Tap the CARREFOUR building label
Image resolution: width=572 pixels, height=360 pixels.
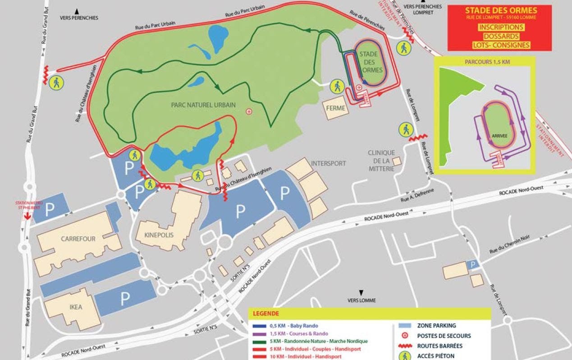(78, 239)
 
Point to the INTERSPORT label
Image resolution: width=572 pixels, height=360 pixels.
(328, 163)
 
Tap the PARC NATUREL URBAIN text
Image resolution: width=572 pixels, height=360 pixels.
(203, 105)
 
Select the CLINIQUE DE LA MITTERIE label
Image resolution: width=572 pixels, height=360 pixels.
(381, 160)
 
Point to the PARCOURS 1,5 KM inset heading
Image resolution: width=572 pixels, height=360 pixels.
(485, 62)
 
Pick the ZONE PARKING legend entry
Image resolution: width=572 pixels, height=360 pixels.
(436, 325)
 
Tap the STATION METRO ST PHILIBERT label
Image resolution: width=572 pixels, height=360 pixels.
(28, 205)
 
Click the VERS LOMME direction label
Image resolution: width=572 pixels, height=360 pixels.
(361, 300)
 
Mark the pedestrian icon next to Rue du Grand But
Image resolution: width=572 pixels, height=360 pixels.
(57, 82)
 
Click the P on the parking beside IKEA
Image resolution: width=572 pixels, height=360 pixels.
(124, 298)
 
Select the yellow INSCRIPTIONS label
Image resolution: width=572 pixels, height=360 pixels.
(501, 27)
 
